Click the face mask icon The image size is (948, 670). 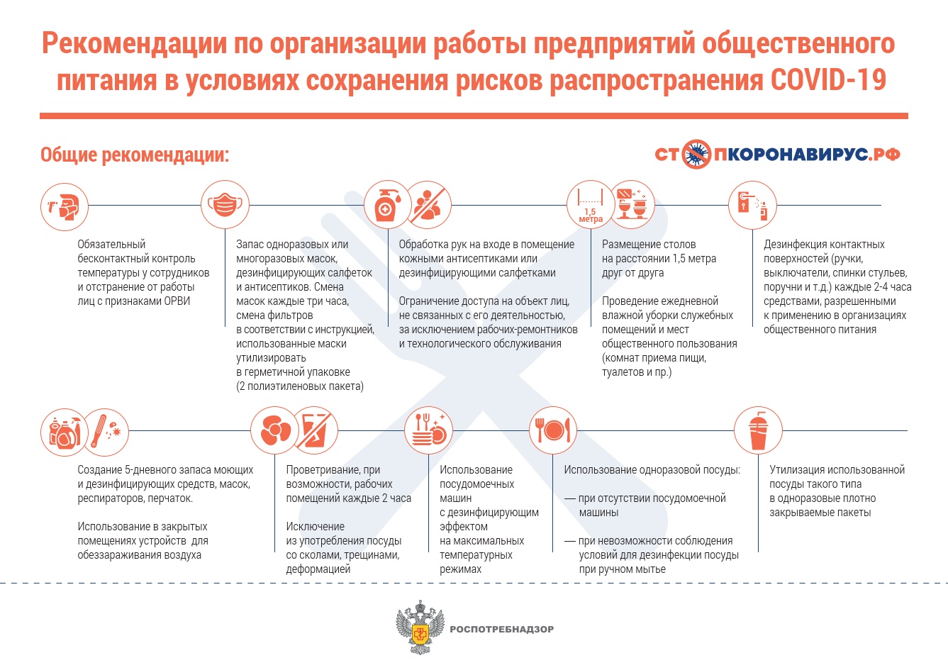click(225, 205)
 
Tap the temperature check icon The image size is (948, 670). click(64, 206)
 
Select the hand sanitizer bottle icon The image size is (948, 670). click(387, 205)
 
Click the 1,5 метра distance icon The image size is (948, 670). click(590, 206)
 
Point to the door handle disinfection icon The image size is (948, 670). click(752, 205)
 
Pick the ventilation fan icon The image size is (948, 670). click(274, 430)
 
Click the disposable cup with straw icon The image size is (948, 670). click(758, 430)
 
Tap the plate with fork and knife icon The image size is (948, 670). click(553, 430)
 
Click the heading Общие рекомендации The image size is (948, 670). click(135, 155)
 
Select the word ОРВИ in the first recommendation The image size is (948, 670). click(176, 301)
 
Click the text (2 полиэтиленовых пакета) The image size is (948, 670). click(300, 386)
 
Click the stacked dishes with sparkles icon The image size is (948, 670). click(428, 430)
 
